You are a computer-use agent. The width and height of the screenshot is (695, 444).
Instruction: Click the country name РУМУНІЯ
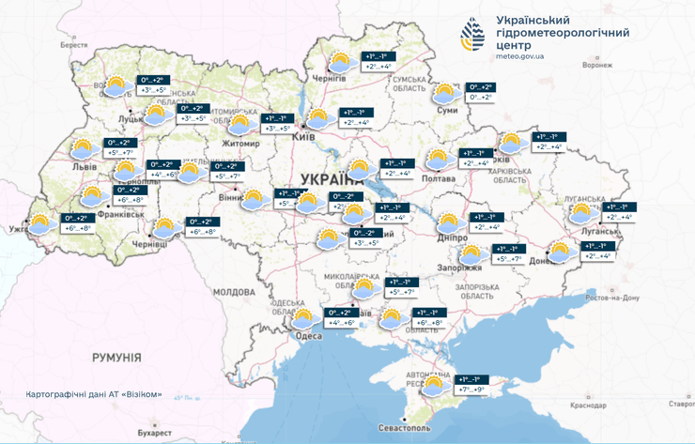[x=116, y=358]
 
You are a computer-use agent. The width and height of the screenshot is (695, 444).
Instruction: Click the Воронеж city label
[x=596, y=66]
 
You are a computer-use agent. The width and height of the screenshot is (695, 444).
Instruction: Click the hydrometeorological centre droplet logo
[x=472, y=35]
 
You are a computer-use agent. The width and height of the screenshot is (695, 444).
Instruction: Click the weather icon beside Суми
[x=444, y=93]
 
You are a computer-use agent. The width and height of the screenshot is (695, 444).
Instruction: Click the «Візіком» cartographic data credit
[x=94, y=394]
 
